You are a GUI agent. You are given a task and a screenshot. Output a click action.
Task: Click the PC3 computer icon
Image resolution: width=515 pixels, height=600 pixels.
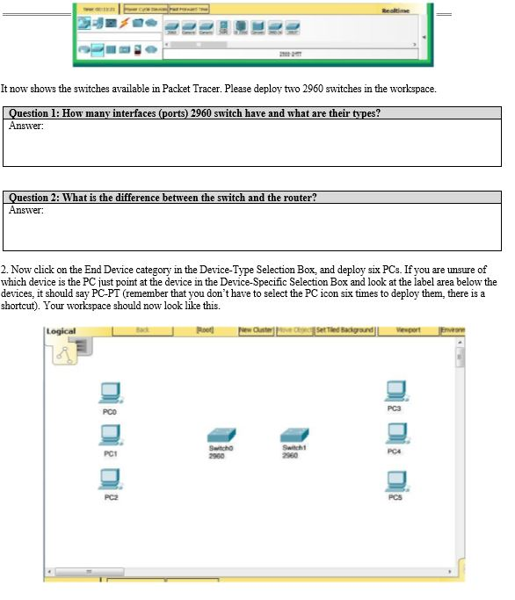coord(395,390)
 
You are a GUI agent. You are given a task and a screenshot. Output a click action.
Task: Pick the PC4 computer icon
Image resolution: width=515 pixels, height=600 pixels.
coord(395,434)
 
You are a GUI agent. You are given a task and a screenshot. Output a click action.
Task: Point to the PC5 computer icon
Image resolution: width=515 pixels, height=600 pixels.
coord(395,480)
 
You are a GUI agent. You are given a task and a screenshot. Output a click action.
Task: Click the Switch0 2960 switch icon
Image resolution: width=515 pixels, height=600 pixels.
coord(219,436)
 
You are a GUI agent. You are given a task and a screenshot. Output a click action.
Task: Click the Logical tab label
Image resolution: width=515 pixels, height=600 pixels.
coord(61,331)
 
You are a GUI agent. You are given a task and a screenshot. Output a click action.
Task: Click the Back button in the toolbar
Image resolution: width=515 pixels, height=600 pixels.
coord(141,330)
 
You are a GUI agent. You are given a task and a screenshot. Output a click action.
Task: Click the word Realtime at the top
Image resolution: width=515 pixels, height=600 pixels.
coord(395,10)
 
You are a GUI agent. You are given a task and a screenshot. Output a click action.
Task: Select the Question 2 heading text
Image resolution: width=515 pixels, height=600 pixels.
coord(163,198)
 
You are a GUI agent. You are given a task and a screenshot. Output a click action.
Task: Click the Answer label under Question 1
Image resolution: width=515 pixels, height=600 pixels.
coord(25,126)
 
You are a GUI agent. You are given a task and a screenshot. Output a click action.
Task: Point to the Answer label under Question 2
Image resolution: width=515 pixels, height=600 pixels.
coord(25,210)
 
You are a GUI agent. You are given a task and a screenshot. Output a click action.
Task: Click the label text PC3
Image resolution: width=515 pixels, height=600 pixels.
coord(395,409)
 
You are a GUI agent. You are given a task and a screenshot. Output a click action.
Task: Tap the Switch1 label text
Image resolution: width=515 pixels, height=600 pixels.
coord(291,448)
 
